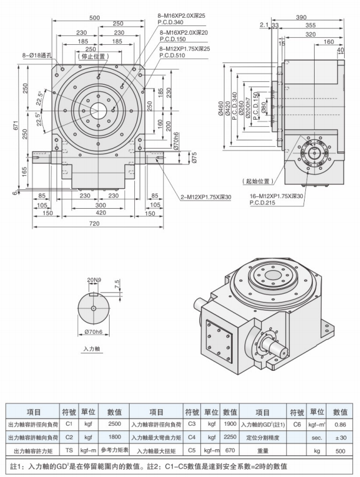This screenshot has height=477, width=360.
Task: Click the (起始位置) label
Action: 257,181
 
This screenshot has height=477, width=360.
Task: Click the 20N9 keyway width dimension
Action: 94,278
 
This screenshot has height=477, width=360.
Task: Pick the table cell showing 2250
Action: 230,437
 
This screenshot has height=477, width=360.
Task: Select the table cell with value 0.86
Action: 339,423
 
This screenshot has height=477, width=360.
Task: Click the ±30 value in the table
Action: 339,437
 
